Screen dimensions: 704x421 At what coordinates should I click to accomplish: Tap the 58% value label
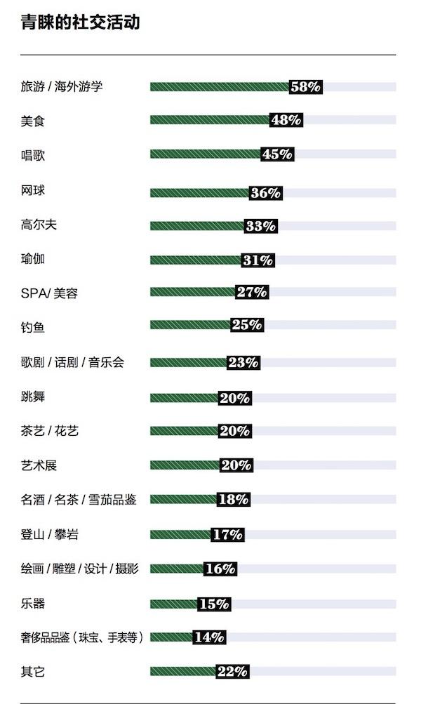point(306,87)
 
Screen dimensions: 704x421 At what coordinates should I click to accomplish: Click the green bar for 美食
point(210,120)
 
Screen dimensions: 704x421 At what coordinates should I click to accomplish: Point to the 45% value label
point(277,154)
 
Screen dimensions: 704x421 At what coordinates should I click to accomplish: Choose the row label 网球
point(33,190)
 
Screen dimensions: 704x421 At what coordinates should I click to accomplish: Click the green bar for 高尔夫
point(197,226)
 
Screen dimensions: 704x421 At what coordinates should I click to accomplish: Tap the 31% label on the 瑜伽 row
point(257,260)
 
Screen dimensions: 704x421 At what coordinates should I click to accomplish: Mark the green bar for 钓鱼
point(190,325)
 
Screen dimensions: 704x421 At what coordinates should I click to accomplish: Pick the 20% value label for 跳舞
point(234,398)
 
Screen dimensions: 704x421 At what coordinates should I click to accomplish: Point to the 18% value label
point(233,500)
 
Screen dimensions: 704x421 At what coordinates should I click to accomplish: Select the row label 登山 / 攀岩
point(49,535)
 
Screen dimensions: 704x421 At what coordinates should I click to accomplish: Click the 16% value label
point(220,569)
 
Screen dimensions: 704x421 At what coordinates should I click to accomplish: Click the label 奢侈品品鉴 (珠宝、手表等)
point(82,637)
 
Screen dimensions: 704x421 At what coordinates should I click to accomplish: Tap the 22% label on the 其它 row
point(233,672)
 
